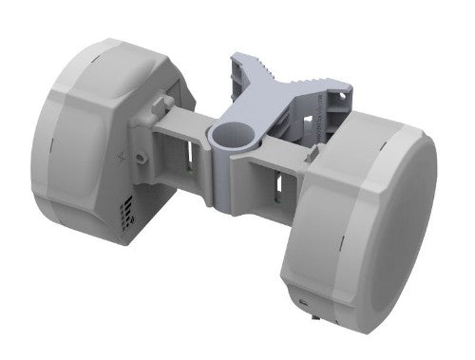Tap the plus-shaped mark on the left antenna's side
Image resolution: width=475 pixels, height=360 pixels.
click(122, 156)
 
